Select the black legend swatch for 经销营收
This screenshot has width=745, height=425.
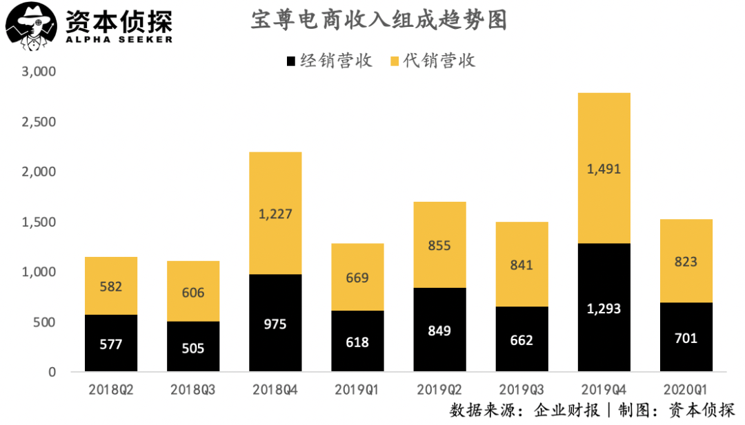coord(290,61)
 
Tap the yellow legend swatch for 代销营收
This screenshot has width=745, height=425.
coord(395,61)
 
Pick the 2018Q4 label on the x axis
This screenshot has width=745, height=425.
coord(275,390)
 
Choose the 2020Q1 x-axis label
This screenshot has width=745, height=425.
coord(686,390)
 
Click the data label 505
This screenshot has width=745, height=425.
coord(193,349)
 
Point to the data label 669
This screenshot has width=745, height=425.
coord(357,278)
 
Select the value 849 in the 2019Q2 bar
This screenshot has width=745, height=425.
coord(439,331)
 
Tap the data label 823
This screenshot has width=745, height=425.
coord(686,262)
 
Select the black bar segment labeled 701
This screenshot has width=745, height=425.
coord(686,338)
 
